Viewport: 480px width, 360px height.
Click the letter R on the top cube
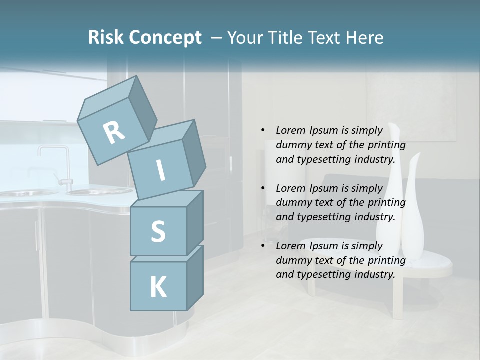(114, 132)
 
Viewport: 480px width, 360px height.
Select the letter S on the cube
(158, 232)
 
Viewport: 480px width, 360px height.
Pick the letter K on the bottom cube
(158, 287)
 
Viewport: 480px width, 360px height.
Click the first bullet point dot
(263, 130)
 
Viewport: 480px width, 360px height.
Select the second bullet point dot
(263, 188)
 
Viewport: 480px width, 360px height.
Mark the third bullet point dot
(263, 246)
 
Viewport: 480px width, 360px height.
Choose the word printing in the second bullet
(386, 203)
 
